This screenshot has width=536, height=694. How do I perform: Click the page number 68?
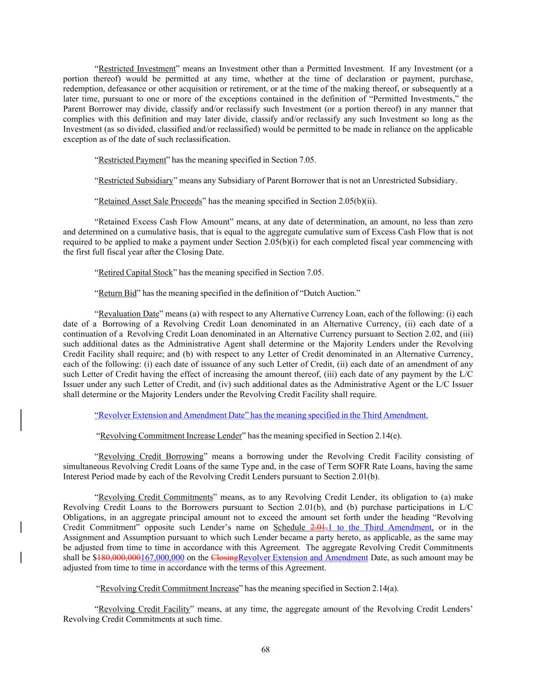pos(265,649)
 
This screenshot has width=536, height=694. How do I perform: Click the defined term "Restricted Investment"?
pos(137,69)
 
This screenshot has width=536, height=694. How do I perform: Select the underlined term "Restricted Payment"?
pos(132,160)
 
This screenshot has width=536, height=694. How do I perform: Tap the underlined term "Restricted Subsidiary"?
pos(136,180)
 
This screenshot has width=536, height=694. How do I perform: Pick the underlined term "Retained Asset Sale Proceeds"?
pos(150,201)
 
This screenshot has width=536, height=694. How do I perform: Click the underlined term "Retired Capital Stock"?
pos(136,273)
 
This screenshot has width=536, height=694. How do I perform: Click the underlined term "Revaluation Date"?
pos(129,314)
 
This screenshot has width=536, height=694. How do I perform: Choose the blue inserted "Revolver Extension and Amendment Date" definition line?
pos(261,415)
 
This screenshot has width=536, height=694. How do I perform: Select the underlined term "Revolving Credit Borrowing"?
pos(151,457)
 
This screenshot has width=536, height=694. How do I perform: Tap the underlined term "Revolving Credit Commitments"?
pos(155,497)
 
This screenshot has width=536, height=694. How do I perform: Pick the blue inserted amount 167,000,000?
pos(163,558)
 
